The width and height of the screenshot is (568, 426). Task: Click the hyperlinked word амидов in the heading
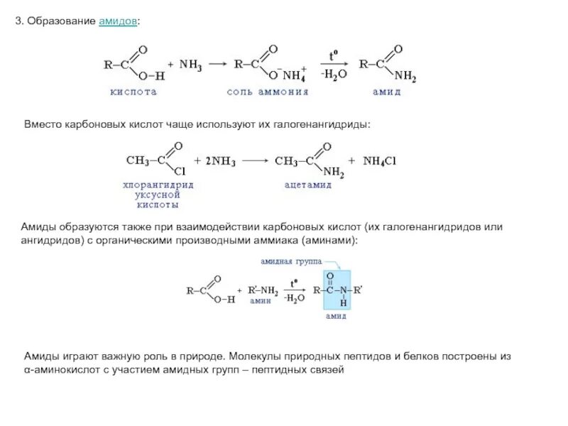[x=118, y=22]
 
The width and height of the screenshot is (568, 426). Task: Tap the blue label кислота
[x=132, y=92]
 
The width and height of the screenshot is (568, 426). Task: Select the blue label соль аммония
[x=268, y=92]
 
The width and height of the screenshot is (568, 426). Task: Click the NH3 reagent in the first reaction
[x=190, y=64]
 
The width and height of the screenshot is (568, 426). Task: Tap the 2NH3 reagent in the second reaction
[x=221, y=161]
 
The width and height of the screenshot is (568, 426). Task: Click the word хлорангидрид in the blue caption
[x=157, y=184]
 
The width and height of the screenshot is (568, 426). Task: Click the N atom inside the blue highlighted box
[x=343, y=290]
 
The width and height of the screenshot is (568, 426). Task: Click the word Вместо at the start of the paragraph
[x=41, y=124]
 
